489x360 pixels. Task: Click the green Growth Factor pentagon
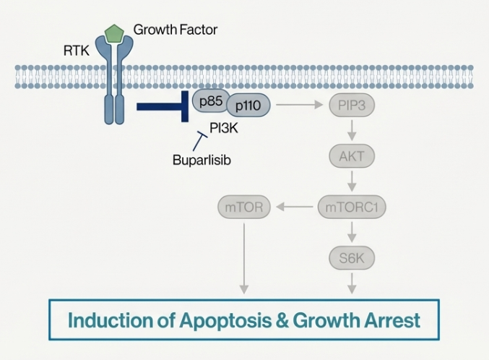[114, 33]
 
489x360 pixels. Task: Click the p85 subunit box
[209, 100]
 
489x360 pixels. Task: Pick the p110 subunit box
[249, 106]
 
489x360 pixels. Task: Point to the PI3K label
[225, 128]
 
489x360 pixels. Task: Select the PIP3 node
[352, 106]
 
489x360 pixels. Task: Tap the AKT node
[352, 155]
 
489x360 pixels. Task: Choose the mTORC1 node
[352, 207]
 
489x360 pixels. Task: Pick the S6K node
[352, 257]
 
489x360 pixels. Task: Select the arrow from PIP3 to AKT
[352, 130]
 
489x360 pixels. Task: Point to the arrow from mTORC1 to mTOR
[295, 207]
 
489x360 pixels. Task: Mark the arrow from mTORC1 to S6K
[352, 232]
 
